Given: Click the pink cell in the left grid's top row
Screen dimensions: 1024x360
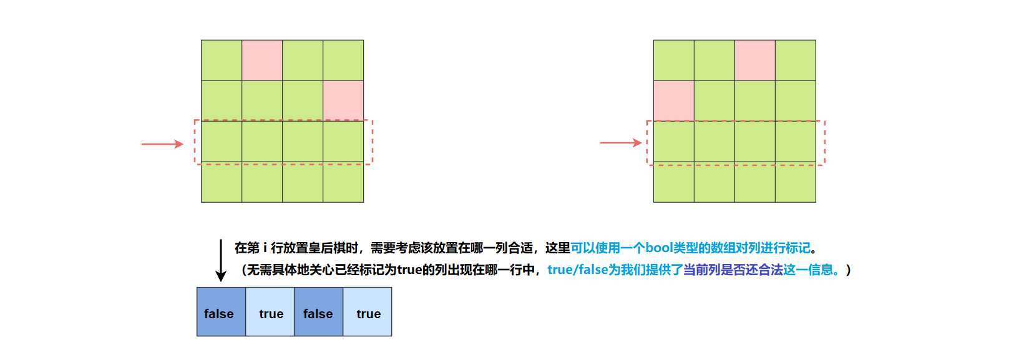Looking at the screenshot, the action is (x=262, y=61).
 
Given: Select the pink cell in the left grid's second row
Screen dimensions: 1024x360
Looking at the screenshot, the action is (x=343, y=100).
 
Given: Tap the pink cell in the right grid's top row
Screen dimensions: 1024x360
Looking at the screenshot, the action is (x=755, y=61).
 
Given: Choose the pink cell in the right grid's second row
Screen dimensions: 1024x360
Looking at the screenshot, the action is (x=673, y=100).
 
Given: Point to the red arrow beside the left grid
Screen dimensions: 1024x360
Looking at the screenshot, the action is (x=162, y=144).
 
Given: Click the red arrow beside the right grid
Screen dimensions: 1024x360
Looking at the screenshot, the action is (x=620, y=143).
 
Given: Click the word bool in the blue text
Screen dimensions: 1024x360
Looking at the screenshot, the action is (x=659, y=248).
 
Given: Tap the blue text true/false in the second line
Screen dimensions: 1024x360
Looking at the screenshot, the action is (x=578, y=270).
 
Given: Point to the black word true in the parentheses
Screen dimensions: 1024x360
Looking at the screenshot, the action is (x=409, y=270).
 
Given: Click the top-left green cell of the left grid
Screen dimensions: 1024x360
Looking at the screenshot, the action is (x=222, y=61).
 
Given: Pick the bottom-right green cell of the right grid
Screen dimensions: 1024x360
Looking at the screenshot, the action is (x=796, y=182).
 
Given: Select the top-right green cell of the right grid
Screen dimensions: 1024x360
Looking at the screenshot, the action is (x=796, y=61).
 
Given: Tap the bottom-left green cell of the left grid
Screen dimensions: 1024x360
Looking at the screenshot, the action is (x=222, y=182).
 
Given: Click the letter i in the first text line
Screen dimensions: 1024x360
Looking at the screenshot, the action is (x=265, y=248).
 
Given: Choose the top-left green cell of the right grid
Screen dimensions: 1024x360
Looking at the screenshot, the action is (x=673, y=61).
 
